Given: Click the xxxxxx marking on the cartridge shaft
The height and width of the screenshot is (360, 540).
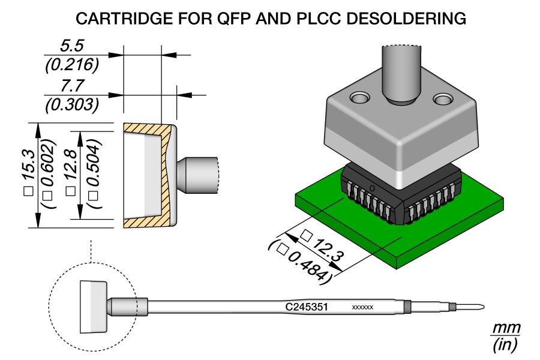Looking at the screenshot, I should point(362,307).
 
